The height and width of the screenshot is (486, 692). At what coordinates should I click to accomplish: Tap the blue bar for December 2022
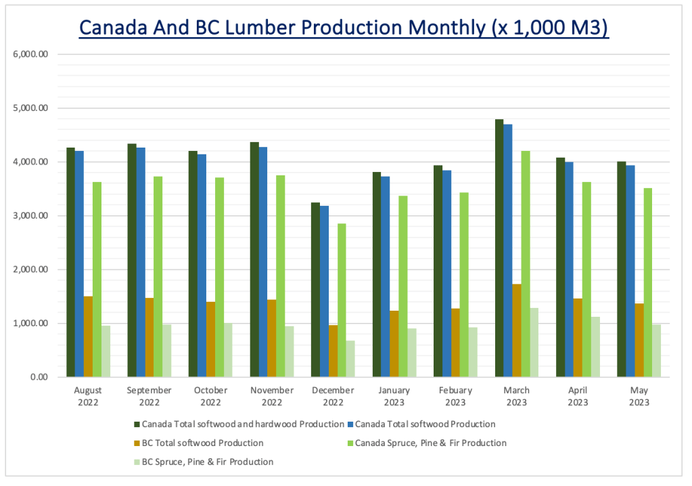324,291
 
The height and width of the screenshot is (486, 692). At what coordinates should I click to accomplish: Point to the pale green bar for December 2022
350,359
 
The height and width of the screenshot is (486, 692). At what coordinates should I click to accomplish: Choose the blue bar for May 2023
630,271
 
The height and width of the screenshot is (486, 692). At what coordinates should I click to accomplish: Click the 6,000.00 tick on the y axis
32,54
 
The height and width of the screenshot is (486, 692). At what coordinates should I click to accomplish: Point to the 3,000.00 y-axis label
32,216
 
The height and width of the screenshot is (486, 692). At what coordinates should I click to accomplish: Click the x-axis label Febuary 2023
455,396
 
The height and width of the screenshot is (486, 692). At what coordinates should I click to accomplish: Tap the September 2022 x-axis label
149,396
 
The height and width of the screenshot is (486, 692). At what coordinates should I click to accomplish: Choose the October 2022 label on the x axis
210,396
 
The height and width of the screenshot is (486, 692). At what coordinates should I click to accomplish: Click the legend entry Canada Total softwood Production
425,424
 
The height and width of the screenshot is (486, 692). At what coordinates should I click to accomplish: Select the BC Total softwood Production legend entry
201,443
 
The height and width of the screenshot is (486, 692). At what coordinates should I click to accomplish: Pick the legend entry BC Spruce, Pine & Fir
206,462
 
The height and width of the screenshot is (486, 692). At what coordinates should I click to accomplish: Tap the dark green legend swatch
137,424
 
